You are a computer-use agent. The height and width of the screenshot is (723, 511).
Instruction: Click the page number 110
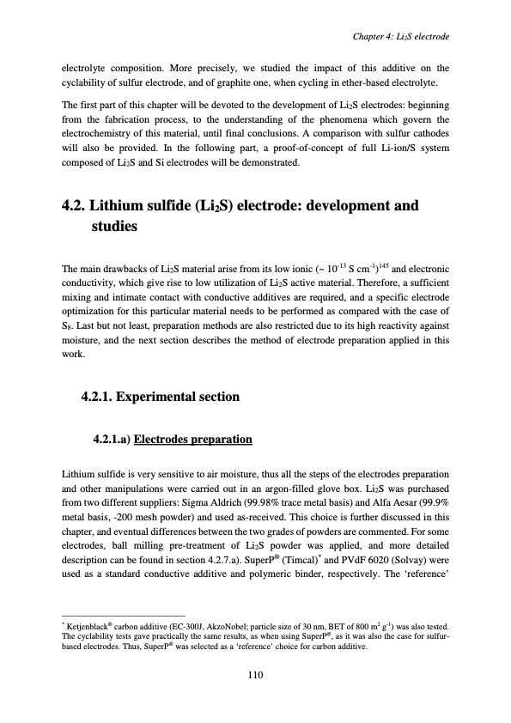coord(255,675)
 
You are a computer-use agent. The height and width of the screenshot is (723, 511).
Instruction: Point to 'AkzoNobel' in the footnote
coord(222,630)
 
